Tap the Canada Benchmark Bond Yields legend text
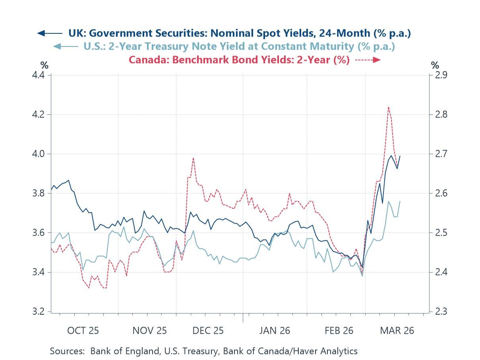coord(239,60)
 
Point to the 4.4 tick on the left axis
coord(40,75)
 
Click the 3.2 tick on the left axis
coord(40,312)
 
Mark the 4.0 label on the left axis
coord(40,154)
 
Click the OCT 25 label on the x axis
coord(83,331)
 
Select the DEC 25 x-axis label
coord(208,331)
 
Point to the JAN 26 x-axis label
coord(275,331)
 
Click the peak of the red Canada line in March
coord(388,107)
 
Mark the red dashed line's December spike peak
coord(193,158)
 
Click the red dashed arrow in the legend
coord(368,60)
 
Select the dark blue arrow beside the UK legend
coord(50,33)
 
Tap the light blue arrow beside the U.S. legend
coord(66,46)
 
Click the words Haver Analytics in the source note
coord(330,351)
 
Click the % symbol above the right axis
coord(435,65)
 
